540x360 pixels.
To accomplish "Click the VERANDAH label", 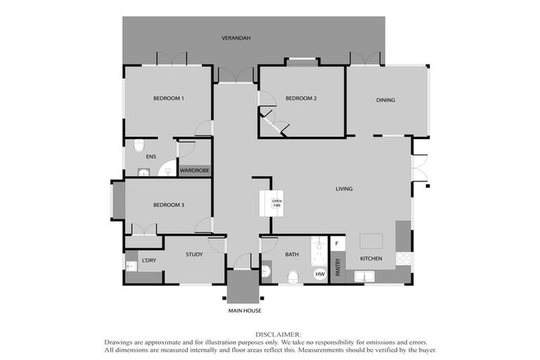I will tap(236, 37).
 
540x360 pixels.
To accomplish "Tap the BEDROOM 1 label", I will tap(169, 98).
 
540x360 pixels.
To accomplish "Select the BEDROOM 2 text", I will tap(301, 98).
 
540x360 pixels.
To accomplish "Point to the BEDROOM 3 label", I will tap(169, 205).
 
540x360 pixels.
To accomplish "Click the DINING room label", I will tap(385, 100).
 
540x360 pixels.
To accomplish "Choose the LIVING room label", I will tap(344, 188).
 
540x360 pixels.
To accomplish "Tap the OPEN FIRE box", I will tap(276, 203).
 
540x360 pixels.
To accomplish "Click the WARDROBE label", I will tap(195, 170).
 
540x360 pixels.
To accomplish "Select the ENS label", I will tap(150, 157).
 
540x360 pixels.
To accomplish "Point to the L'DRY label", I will tap(149, 261).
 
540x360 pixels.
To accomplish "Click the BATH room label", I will tap(292, 255).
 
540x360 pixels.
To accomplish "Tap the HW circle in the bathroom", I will tap(320, 274).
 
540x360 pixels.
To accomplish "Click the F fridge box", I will tap(337, 243).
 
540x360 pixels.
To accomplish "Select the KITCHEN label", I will tap(371, 259).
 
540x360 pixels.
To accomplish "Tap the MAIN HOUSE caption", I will tap(244, 310).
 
